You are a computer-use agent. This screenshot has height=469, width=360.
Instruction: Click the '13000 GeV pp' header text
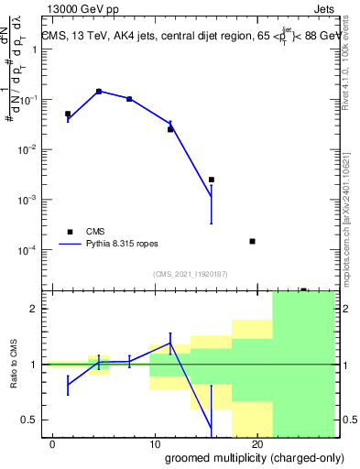click(83, 8)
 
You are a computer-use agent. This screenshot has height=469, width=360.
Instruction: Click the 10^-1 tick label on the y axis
click(27, 99)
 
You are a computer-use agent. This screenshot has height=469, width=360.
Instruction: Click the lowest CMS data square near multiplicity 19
click(252, 241)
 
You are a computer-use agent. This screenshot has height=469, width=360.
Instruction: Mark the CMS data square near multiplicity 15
click(212, 180)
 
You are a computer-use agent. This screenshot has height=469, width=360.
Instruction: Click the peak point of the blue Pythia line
click(99, 92)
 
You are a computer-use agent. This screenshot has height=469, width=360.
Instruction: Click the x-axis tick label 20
click(257, 443)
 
